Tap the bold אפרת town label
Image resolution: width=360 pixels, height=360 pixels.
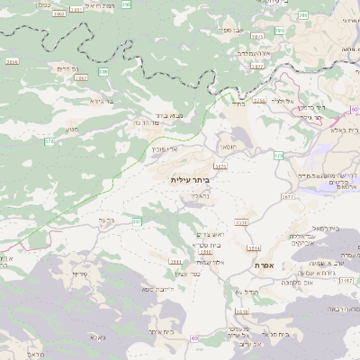[265, 265]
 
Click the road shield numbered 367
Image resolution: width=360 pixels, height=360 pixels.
[138, 220]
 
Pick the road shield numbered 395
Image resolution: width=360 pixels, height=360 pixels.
[103, 70]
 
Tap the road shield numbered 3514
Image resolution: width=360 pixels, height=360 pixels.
[255, 247]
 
